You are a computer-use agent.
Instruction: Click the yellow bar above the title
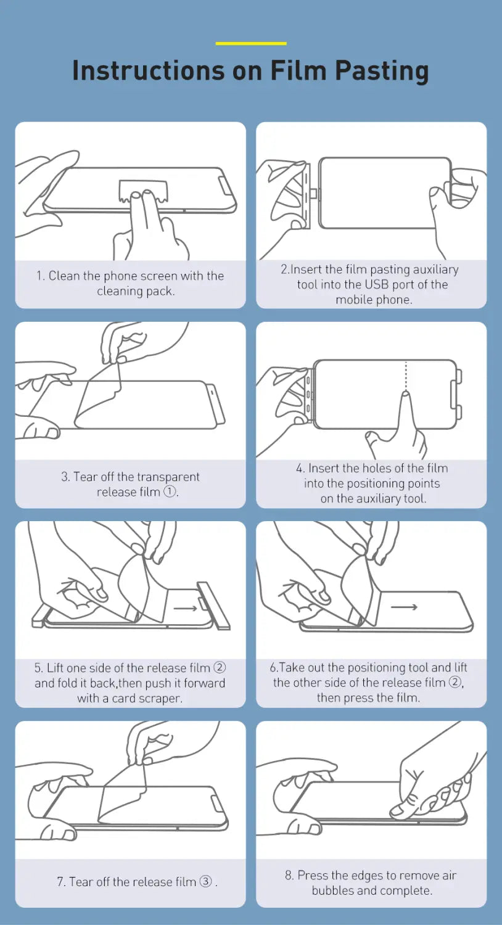tap(251, 43)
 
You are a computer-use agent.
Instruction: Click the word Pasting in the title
tap(382, 71)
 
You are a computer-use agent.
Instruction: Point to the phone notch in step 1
tap(225, 186)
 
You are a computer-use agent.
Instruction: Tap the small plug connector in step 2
tap(314, 193)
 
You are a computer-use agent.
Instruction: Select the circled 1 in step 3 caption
tap(170, 491)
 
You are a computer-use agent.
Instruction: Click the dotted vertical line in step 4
tap(406, 376)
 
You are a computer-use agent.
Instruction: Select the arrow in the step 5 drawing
tap(186, 608)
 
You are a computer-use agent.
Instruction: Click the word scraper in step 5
tap(160, 698)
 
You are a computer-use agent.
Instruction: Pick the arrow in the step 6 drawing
tap(404, 607)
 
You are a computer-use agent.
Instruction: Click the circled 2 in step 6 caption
tap(455, 682)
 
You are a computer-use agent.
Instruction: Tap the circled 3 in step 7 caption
tap(205, 881)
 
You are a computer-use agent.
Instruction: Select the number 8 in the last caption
tap(289, 876)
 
